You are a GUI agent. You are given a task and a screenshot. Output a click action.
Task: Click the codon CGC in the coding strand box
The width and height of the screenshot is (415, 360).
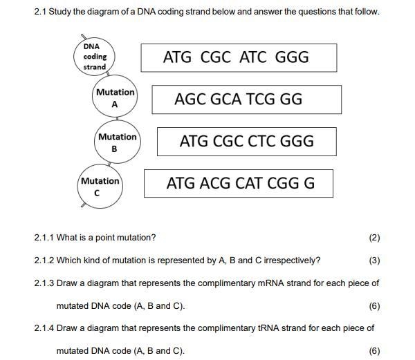point(215,57)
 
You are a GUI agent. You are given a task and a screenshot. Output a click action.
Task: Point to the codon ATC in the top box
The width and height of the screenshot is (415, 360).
point(252,57)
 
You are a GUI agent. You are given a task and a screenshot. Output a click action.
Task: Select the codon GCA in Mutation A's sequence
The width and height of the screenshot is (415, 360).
point(225,100)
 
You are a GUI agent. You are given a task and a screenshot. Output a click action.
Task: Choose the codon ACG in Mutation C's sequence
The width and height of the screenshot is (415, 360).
point(215,183)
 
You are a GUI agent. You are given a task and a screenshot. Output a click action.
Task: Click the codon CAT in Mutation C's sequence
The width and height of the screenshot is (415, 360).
point(249,183)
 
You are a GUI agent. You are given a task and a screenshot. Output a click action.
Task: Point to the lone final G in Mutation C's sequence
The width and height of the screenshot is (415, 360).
point(309,183)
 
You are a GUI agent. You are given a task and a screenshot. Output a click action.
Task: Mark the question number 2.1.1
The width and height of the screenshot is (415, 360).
point(44,238)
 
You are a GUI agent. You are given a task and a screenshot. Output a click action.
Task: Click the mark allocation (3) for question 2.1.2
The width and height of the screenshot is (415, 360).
point(374,260)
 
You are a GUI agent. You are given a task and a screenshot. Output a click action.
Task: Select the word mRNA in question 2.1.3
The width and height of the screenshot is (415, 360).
point(270,283)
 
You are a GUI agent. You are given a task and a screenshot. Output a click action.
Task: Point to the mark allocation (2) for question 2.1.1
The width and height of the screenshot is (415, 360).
point(374,238)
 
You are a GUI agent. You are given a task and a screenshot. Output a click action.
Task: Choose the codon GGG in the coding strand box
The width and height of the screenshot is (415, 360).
point(292,57)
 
